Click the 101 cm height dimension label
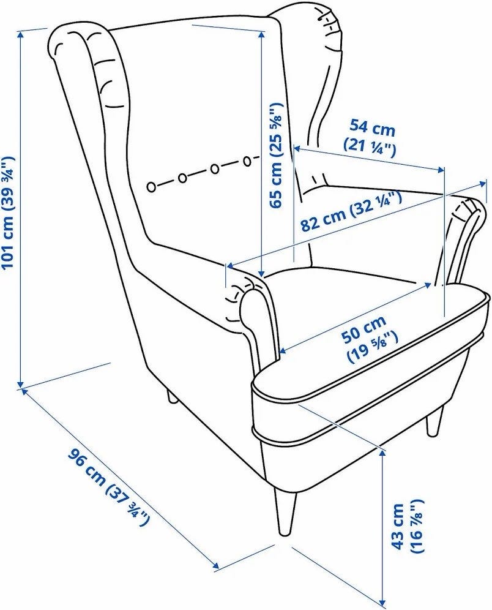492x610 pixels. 9,212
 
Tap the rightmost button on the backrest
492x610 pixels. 247,160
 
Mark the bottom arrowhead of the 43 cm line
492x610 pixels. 384,604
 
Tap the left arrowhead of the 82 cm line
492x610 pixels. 231,266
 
